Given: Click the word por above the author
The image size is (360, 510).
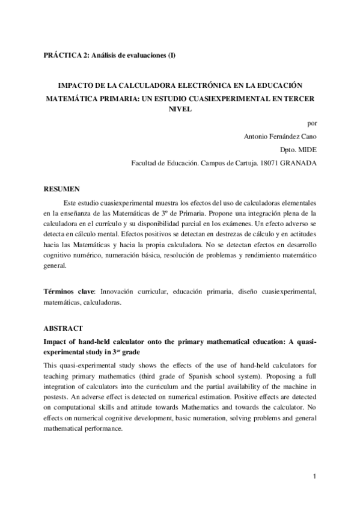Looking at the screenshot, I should tap(311, 123).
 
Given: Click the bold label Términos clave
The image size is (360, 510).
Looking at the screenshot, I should tap(70, 292).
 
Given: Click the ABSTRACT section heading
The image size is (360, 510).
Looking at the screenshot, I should tap(62, 329).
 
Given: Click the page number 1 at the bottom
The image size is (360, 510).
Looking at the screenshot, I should tap(315, 477).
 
